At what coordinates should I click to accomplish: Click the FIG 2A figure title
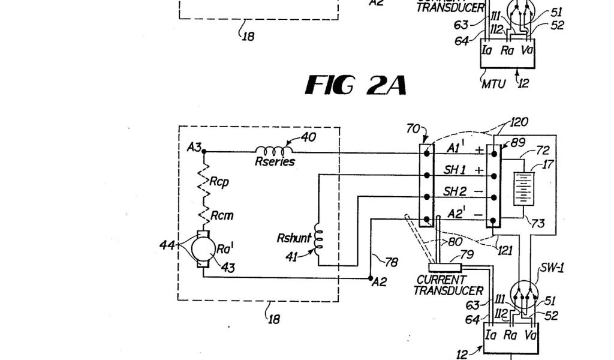click(x=356, y=86)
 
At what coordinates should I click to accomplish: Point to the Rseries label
click(x=275, y=161)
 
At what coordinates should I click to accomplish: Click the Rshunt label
click(x=294, y=239)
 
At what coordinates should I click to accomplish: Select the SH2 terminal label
click(x=455, y=191)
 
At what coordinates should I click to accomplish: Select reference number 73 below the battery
click(x=538, y=224)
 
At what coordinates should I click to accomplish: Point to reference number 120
click(x=519, y=122)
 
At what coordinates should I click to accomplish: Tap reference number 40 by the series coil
click(x=308, y=138)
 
